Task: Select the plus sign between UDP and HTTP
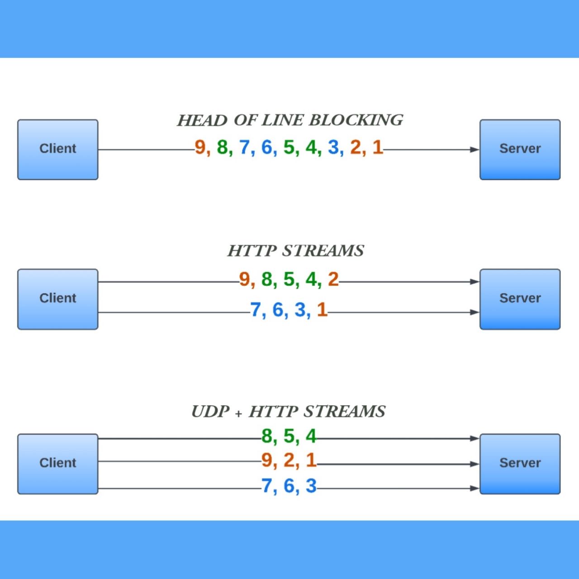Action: click(238, 413)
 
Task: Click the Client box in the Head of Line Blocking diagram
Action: click(58, 149)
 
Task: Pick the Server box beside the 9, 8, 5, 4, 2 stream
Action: click(520, 299)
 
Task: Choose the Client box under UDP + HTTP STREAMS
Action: click(58, 464)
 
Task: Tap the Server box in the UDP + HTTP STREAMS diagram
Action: click(520, 464)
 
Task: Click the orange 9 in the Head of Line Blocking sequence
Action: click(200, 147)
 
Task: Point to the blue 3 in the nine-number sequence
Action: click(333, 147)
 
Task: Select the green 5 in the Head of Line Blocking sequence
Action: click(289, 147)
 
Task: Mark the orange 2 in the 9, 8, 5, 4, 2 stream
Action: click(333, 280)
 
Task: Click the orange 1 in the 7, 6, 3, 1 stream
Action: click(322, 310)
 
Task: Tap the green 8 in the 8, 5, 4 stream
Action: click(266, 437)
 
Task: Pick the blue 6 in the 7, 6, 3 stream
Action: click(289, 486)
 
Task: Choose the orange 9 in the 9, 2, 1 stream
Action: click(266, 460)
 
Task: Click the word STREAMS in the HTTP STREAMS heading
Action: click(323, 251)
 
